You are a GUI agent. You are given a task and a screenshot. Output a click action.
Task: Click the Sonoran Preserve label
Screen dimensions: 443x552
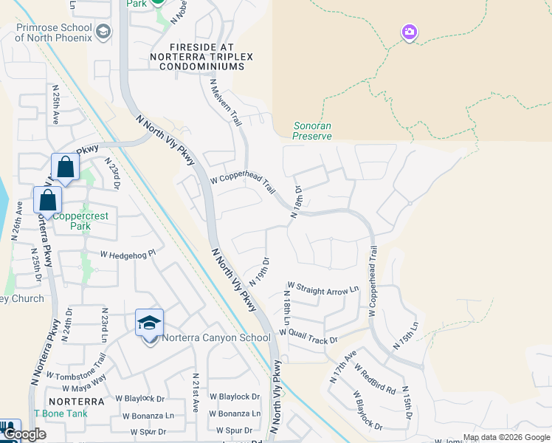(x=311, y=131)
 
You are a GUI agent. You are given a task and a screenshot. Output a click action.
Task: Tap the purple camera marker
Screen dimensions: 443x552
(x=410, y=32)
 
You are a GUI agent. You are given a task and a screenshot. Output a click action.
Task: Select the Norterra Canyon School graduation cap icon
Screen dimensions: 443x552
(x=149, y=323)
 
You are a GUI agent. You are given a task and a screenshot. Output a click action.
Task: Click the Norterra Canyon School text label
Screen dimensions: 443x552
(x=206, y=338)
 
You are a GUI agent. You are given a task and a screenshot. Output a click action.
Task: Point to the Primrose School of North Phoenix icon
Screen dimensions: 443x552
(x=103, y=31)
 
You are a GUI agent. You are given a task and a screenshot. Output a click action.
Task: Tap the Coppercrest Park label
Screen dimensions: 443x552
(x=80, y=222)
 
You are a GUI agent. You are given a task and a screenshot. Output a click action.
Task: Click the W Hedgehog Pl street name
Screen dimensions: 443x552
(x=128, y=254)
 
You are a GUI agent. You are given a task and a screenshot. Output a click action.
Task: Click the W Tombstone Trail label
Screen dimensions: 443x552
(x=77, y=366)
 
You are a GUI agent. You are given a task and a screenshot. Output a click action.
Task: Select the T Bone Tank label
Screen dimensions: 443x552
(x=61, y=413)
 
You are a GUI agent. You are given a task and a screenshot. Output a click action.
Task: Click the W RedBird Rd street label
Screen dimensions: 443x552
(x=375, y=378)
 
